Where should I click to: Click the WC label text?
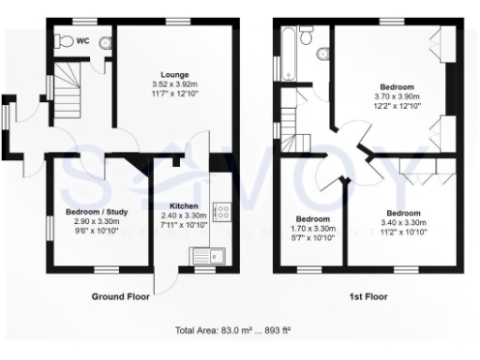[82, 40]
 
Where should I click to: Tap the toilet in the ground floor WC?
[64, 41]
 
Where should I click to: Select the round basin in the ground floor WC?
[104, 42]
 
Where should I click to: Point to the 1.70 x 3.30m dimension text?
[311, 227]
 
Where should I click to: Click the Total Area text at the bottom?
[239, 330]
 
